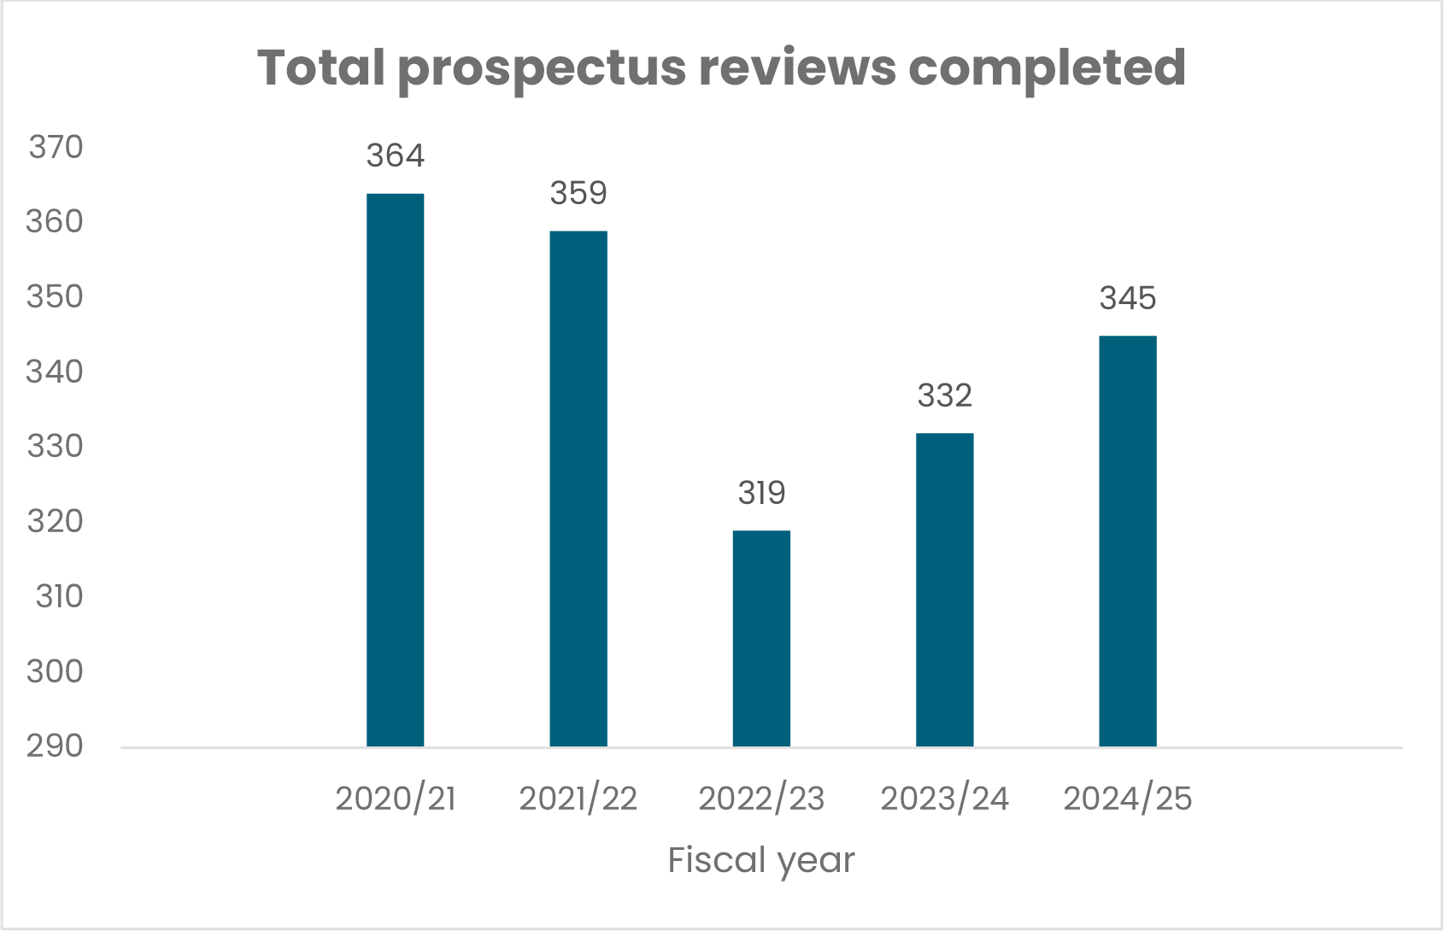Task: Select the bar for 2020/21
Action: point(395,470)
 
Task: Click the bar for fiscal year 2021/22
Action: point(578,489)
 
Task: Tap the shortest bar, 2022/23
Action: point(761,638)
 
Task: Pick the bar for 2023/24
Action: point(944,589)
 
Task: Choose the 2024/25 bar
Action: point(1127,541)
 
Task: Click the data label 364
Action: point(395,156)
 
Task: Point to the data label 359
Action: point(578,194)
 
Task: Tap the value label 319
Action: point(761,494)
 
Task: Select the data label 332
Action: point(944,396)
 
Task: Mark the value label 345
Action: point(1127,299)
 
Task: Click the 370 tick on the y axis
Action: point(56,148)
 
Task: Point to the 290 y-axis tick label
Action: point(56,747)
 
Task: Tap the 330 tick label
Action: point(56,447)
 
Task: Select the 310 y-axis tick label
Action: point(58,596)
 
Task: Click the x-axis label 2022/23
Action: point(761,799)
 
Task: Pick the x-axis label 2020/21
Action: point(395,799)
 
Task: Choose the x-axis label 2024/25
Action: point(1127,799)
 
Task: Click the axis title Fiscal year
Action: point(760,860)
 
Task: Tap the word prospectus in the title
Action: point(542,68)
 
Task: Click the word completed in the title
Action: point(1047,68)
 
